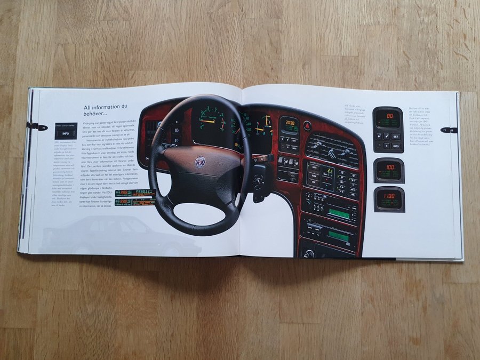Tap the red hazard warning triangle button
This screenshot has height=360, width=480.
[308, 126]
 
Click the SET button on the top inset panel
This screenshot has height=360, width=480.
[395, 136]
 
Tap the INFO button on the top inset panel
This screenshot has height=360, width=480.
[396, 145]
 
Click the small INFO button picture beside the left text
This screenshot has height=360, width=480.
[65, 132]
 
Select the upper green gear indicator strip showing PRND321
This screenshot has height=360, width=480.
[135, 191]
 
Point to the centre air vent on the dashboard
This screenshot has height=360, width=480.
[332, 148]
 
